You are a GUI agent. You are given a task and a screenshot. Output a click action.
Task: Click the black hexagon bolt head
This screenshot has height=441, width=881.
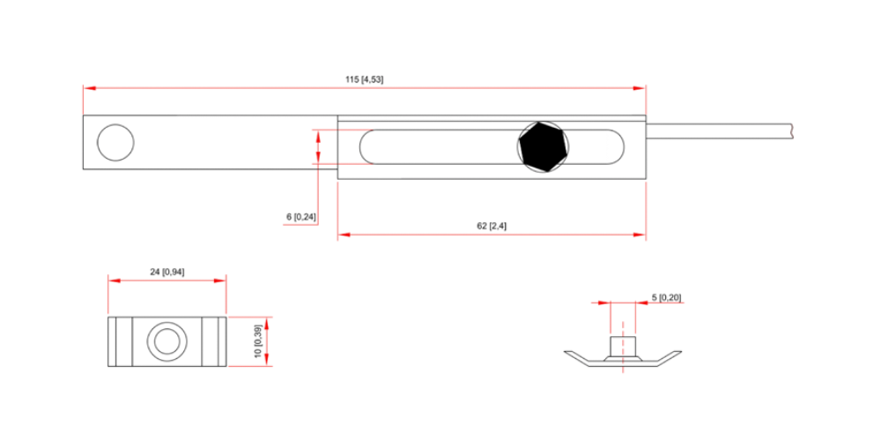pos(543,147)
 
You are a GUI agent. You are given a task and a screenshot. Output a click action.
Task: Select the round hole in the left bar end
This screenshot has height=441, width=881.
pos(115,142)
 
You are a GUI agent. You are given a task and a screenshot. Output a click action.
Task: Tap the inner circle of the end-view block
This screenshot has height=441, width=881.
pos(167,341)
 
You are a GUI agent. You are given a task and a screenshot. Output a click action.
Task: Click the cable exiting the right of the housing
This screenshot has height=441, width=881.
pos(719,131)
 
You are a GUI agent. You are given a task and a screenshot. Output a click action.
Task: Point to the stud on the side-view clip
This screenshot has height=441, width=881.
pos(623,348)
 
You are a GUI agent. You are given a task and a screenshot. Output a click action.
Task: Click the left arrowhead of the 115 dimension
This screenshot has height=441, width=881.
pos(89,87)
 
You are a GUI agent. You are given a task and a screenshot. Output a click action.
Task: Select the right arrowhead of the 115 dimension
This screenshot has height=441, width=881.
pos(640,87)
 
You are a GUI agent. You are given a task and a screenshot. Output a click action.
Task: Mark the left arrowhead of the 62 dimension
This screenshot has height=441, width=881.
pos(344,234)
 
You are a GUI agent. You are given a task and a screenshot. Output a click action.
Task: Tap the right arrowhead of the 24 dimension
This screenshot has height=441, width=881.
pos(219,280)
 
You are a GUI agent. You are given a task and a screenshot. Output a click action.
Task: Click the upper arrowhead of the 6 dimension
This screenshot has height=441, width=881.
pos(318,137)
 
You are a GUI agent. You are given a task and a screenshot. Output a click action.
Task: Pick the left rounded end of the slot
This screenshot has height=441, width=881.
pos(367,146)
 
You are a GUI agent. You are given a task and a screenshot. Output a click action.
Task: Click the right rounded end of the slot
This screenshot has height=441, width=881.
pos(616,146)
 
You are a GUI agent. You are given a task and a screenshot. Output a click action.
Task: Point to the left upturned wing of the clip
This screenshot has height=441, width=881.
pos(578,356)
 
